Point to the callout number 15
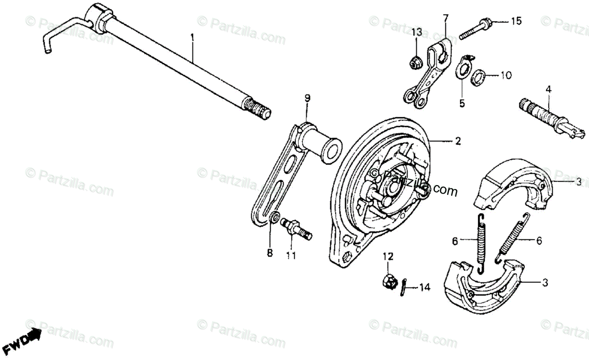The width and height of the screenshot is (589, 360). click(x=516, y=21)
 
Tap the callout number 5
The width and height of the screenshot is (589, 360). click(x=461, y=103)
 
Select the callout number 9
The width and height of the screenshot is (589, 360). click(x=307, y=98)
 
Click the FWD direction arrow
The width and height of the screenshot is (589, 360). click(x=27, y=339)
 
